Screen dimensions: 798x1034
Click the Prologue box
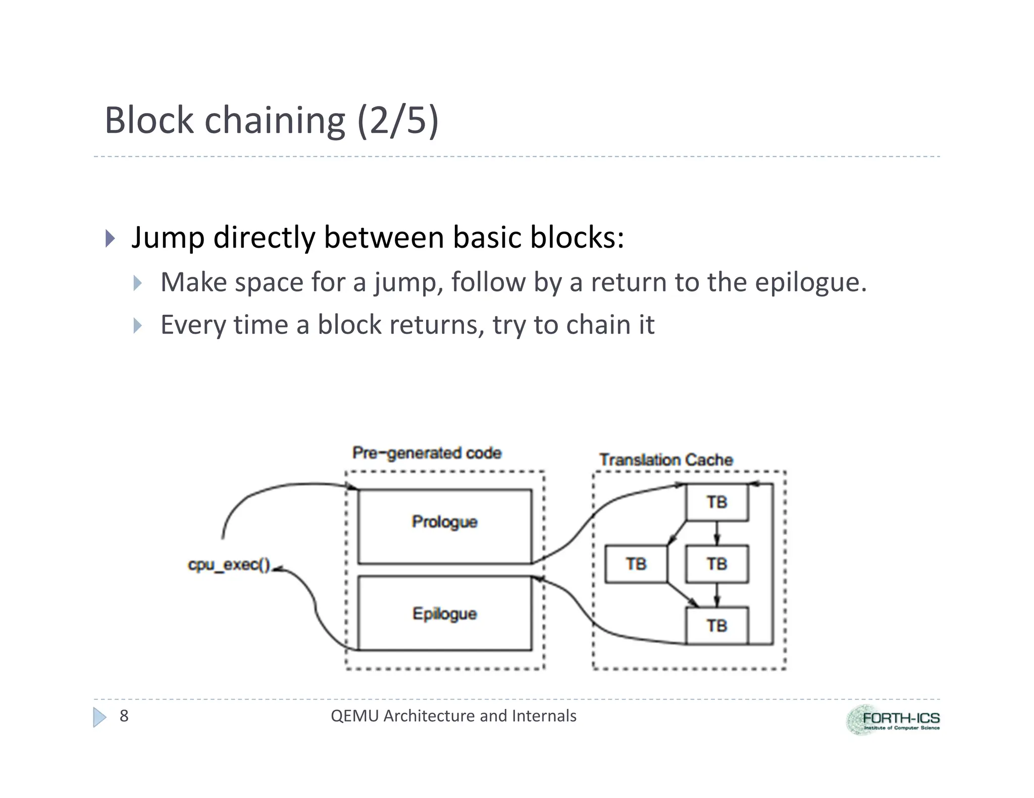click(x=444, y=526)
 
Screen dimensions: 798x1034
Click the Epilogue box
click(x=444, y=613)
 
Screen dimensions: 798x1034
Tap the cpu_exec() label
click(x=229, y=564)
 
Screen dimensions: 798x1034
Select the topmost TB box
click(x=717, y=502)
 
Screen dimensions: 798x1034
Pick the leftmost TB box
click(x=636, y=564)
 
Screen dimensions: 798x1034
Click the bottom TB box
click(x=717, y=626)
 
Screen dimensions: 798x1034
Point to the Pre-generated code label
click(x=427, y=453)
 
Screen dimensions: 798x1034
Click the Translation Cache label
click(x=666, y=460)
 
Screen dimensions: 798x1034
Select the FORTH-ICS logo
click(x=893, y=720)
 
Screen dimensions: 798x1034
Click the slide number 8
click(x=124, y=716)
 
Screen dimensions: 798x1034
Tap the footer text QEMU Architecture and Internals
click(x=453, y=716)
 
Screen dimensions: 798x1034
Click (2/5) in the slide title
click(x=398, y=121)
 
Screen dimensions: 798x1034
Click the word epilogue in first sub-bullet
click(x=810, y=282)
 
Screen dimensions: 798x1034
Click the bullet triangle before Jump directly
click(x=110, y=238)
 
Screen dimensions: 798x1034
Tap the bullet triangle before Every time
click(x=138, y=325)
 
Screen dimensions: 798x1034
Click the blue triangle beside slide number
click(x=100, y=717)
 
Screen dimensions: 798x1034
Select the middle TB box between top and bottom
click(x=717, y=564)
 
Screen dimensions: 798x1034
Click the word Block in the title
click(x=149, y=121)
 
